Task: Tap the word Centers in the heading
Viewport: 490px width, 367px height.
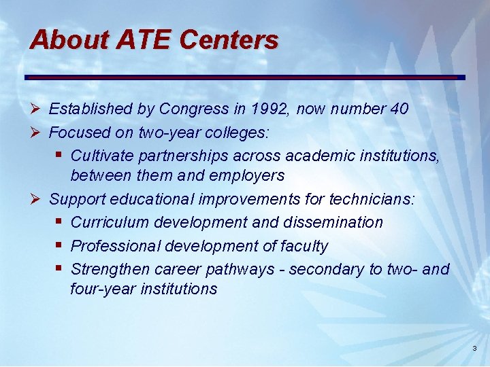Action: pos(229,40)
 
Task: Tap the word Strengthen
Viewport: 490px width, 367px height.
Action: pos(110,269)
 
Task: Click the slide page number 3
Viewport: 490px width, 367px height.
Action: pos(474,349)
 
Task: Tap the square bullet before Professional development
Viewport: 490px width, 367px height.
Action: pos(59,245)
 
